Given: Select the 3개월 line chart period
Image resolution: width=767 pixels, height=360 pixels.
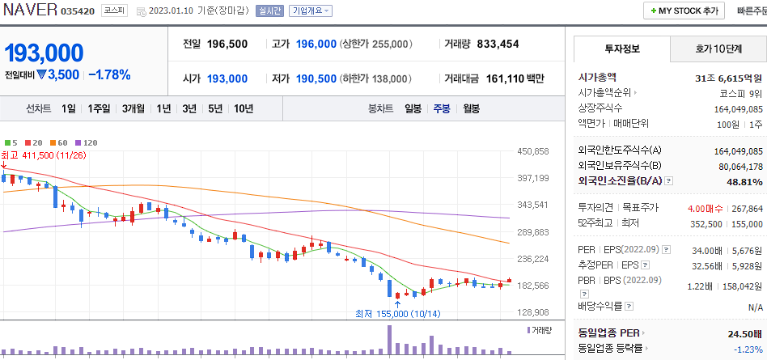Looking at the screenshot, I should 133,108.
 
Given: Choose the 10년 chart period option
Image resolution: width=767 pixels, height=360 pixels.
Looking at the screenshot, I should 243,108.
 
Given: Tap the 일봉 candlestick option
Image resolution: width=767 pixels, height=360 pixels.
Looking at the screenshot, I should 413,108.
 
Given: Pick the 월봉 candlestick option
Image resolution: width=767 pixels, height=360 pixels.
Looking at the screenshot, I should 472,108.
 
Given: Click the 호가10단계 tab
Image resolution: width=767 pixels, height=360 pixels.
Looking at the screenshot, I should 718,49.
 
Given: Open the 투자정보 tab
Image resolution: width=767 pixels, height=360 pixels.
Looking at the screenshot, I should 621,49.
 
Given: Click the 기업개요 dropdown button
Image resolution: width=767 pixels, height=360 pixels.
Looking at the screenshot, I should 311,11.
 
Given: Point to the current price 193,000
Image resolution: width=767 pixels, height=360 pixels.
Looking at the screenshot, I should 44,53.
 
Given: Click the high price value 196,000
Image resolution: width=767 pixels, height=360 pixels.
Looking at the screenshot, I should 316,44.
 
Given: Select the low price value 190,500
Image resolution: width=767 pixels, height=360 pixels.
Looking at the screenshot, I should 316,78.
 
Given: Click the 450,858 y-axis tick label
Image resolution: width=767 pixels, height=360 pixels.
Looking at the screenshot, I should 532,151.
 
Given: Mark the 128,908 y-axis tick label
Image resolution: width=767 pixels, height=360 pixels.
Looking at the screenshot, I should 532,312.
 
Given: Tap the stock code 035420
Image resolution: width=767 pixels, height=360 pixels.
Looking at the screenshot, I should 77,12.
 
